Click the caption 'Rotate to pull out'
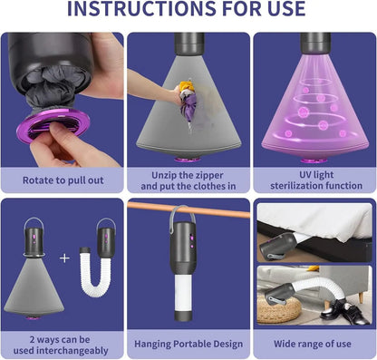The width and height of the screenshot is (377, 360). point(63,180)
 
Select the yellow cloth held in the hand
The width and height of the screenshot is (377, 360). point(187,86)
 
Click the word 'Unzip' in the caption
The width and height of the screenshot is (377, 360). point(166,175)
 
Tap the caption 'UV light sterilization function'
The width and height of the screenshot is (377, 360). point(316,180)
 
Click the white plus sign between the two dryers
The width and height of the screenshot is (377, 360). point(64,258)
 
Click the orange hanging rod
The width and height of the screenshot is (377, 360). point(188,209)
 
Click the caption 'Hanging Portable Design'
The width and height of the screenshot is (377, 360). point(188,344)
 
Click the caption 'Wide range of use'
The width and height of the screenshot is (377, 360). point(313,344)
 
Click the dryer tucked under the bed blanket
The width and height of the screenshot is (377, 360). point(278,246)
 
